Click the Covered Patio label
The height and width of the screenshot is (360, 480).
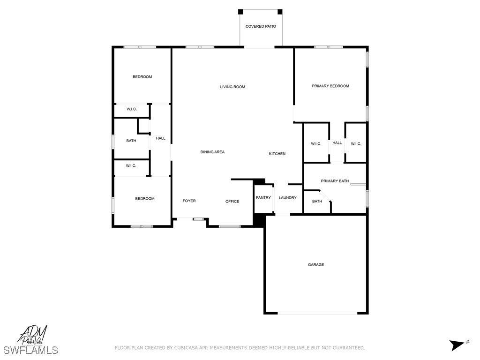coord(261,26)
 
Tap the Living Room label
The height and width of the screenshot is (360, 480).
coord(232,87)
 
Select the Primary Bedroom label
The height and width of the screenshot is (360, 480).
coord(330,86)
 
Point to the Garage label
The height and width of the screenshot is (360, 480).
coord(316,265)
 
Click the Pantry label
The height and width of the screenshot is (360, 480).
coord(263,198)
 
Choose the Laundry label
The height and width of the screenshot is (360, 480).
coord(287,198)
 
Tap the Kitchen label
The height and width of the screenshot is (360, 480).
coord(277,154)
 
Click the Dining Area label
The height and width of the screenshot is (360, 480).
coord(212,152)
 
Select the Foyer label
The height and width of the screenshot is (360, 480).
coord(189,201)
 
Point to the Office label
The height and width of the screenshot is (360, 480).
coord(232,202)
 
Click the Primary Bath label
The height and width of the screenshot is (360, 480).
coord(335,181)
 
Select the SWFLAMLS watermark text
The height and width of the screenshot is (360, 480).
coord(31,350)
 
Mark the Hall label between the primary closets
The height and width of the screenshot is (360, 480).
coord(337,143)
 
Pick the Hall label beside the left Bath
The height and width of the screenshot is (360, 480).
coord(160,138)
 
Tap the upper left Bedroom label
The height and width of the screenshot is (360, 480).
coord(142,77)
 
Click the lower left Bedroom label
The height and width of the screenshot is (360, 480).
coord(145,199)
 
